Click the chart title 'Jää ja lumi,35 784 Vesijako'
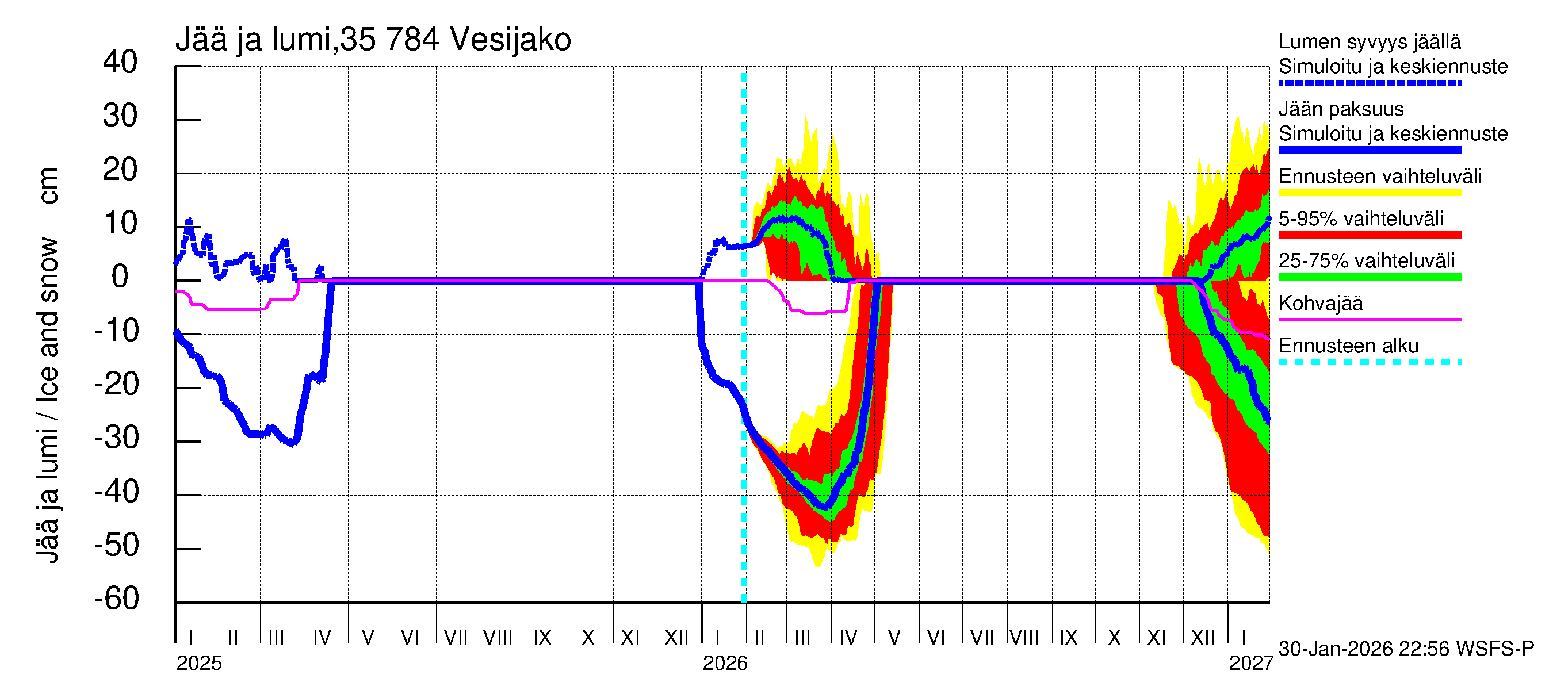tap(373, 40)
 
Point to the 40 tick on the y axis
tap(121, 62)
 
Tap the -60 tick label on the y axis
tap(117, 599)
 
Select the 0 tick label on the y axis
tap(120, 277)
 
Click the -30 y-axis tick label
tap(117, 438)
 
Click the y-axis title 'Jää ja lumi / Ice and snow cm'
tap(48, 365)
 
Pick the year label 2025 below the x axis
tap(199, 664)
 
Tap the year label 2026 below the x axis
tap(725, 664)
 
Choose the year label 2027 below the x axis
tap(1251, 664)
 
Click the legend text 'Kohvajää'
tap(1320, 303)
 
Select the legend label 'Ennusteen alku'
tap(1349, 346)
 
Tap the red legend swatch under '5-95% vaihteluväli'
tap(1369, 235)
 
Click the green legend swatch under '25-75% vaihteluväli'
tap(1369, 277)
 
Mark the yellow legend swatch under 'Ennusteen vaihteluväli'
tap(1369, 193)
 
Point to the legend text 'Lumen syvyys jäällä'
tap(1370, 41)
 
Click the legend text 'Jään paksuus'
tap(1341, 109)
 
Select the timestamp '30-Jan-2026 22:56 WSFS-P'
tap(1406, 649)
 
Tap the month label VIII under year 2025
tap(498, 637)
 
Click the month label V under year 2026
tap(894, 637)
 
